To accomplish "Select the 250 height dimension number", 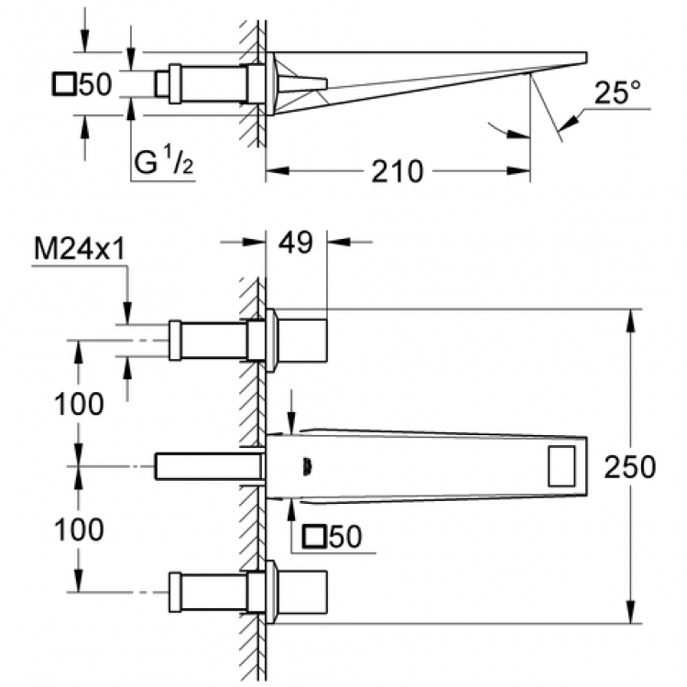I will [630, 467].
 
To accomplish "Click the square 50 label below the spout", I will [335, 538].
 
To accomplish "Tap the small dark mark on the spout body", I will [307, 467].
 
